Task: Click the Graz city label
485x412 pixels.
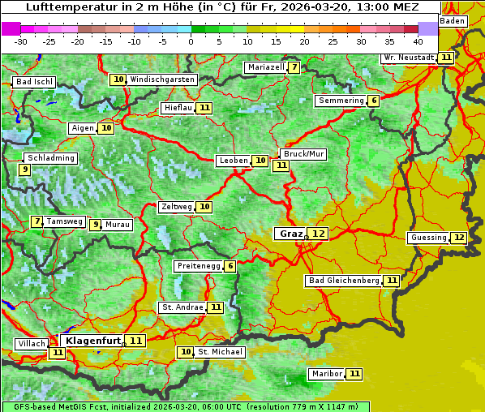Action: [290, 234]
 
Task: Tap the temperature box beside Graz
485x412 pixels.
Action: [319, 234]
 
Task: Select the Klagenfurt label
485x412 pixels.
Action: [92, 341]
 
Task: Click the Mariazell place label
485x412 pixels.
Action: [266, 67]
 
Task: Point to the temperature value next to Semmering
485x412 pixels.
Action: [373, 101]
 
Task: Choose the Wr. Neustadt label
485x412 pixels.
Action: [409, 58]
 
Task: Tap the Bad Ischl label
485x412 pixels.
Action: [34, 82]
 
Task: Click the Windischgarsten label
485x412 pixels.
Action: [162, 79]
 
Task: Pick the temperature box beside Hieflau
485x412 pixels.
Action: [204, 108]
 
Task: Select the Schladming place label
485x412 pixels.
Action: [50, 158]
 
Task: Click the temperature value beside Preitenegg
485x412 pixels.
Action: [230, 266]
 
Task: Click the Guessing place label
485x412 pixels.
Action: [428, 238]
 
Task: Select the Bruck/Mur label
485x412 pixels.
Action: [303, 154]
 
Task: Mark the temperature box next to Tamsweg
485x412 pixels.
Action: [36, 221]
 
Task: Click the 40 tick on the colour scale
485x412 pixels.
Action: [418, 41]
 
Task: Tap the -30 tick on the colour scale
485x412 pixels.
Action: [21, 41]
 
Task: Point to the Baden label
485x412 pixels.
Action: [453, 20]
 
